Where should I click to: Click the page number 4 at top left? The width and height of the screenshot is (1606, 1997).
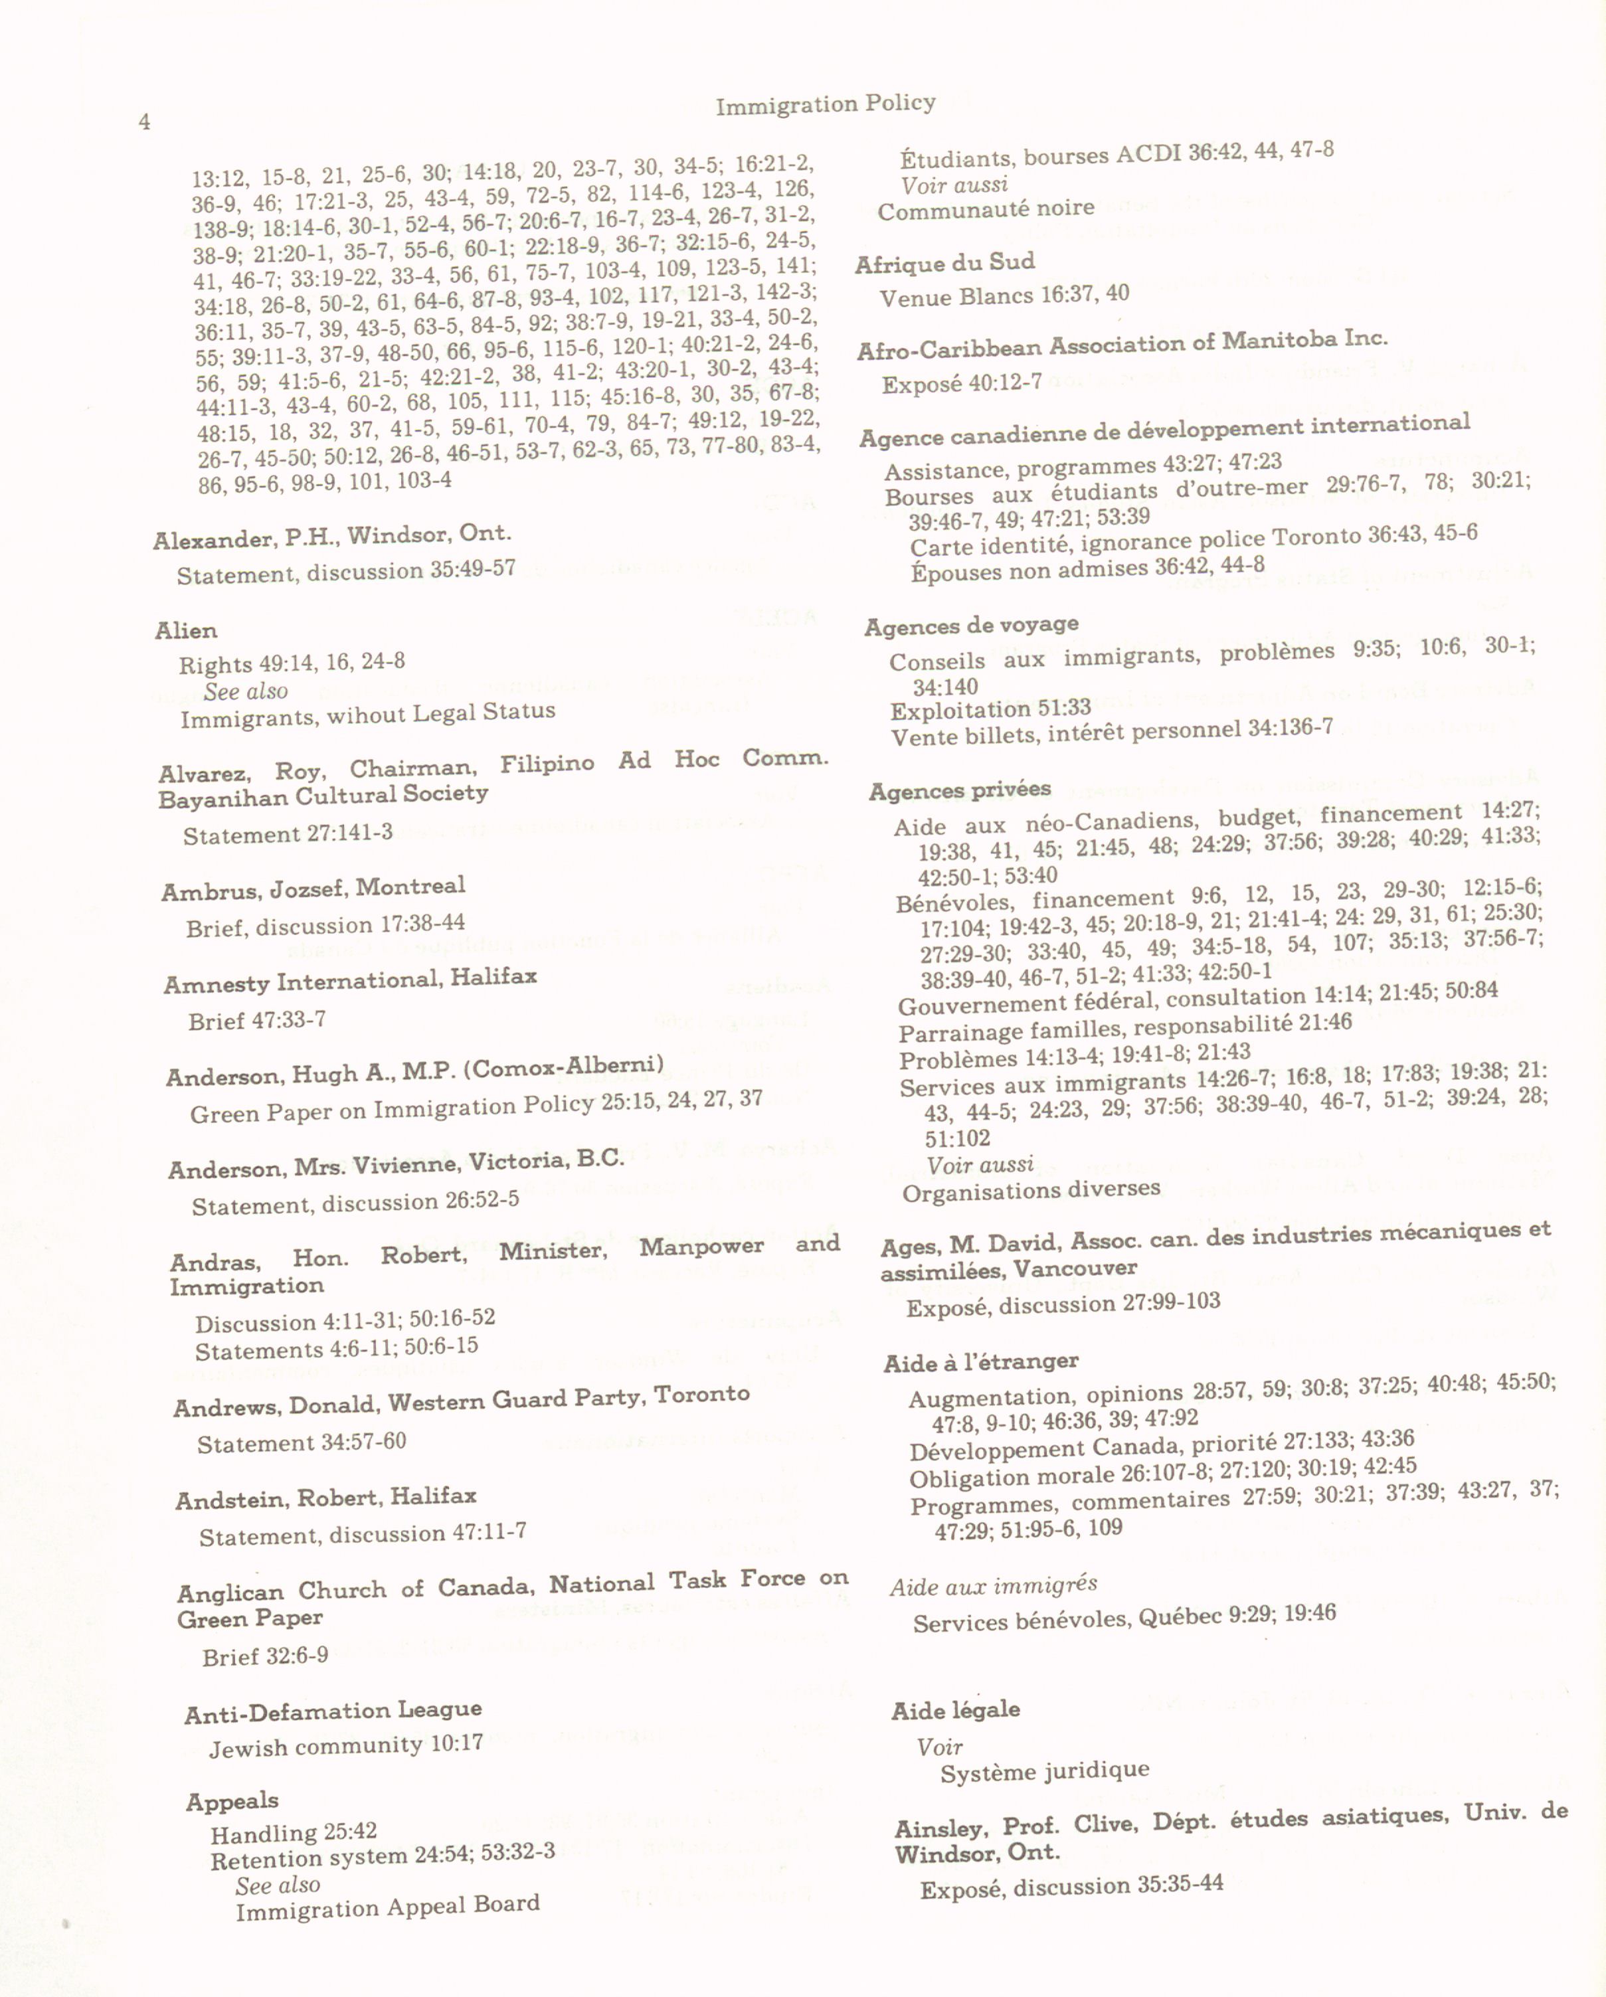click(145, 122)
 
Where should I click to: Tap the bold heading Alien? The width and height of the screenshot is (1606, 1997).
click(186, 631)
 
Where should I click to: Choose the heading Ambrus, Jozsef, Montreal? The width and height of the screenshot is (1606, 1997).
click(313, 889)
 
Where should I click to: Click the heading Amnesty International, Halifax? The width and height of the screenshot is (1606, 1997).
click(350, 980)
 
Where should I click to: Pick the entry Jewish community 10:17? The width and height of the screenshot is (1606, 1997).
click(345, 1746)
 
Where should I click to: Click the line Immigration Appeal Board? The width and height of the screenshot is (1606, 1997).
click(387, 1906)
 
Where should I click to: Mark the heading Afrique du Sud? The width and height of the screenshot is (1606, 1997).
click(944, 264)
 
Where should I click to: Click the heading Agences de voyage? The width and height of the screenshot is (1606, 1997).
click(970, 626)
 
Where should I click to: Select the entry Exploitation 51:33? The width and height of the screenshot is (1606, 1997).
click(990, 709)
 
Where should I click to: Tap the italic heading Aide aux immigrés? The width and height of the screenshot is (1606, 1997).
click(993, 1586)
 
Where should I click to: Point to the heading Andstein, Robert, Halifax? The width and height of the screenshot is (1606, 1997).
click(326, 1498)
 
